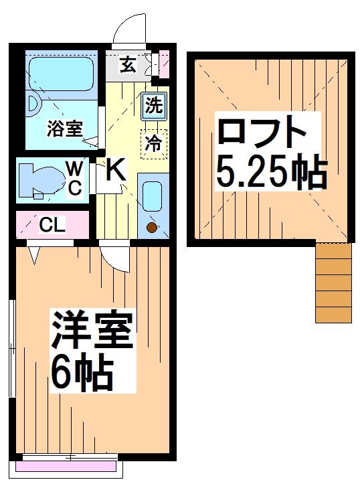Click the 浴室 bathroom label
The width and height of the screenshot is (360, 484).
[x=65, y=128]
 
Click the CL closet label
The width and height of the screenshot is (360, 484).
[x=52, y=225]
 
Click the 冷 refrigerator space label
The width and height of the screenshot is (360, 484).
[x=153, y=143]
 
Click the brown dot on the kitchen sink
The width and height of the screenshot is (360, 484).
[x=151, y=229]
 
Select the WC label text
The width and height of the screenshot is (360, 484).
[x=74, y=178]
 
